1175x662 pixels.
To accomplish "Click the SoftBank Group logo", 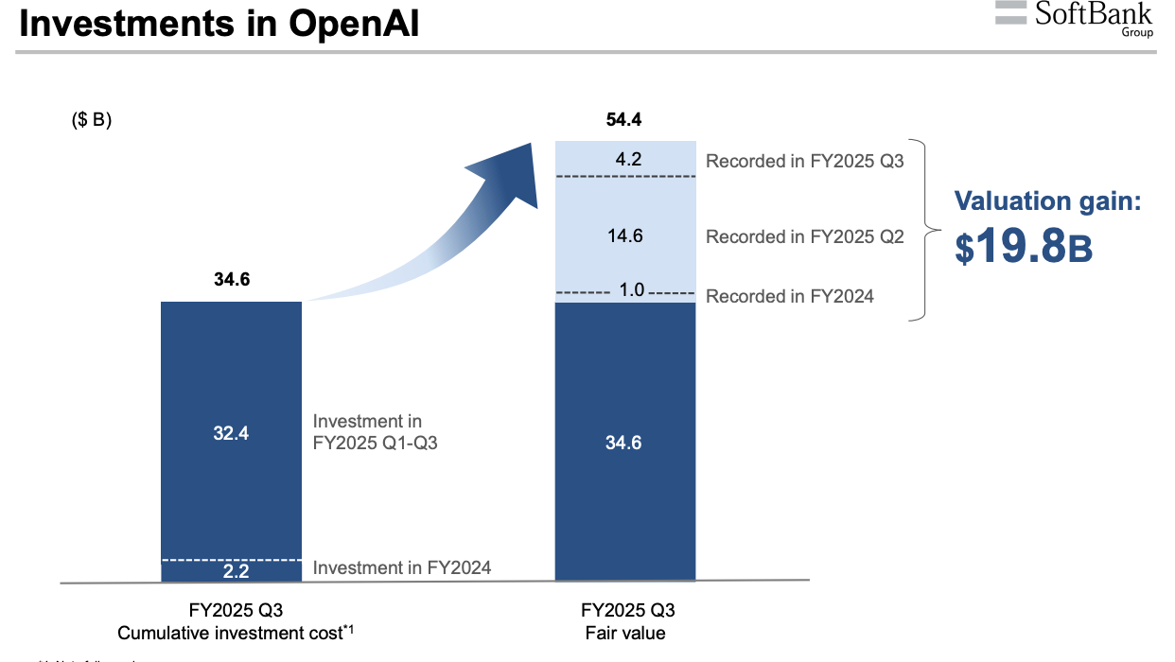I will (x=1074, y=18).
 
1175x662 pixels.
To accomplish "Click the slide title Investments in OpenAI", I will (x=219, y=25).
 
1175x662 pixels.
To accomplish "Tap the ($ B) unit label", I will (x=92, y=121).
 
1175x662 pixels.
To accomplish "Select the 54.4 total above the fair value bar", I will (x=624, y=120).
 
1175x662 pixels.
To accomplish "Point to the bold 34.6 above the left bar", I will (x=232, y=280).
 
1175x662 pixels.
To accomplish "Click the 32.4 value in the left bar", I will (x=232, y=433).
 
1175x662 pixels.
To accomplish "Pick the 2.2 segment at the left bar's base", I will (x=232, y=570).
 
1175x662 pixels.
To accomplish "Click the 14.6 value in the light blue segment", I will (x=624, y=236).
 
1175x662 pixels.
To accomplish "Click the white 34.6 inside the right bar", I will (x=623, y=443).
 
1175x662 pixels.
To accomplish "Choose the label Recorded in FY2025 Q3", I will (x=804, y=161).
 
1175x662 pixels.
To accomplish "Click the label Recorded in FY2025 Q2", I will (x=804, y=237).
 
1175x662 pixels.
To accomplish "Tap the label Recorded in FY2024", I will (x=789, y=297).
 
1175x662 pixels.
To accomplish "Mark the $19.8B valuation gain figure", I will (x=1024, y=245).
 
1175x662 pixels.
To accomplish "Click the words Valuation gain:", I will (x=1047, y=200).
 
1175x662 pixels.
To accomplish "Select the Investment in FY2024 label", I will (x=402, y=568).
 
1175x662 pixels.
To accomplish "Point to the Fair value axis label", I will (x=624, y=633).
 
